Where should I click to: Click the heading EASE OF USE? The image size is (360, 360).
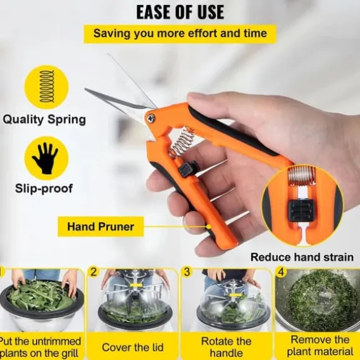[180, 12]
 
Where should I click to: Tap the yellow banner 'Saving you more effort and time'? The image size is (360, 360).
[180, 34]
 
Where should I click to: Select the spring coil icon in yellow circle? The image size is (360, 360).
[47, 86]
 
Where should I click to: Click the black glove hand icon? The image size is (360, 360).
[46, 158]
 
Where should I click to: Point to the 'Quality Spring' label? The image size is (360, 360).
[44, 120]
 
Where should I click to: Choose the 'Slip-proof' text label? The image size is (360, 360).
[44, 188]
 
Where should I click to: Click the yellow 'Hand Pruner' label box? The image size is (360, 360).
[101, 227]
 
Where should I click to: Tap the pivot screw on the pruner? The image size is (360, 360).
[151, 118]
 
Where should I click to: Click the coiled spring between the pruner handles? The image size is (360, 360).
[181, 142]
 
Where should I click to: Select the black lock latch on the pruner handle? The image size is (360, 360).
[187, 168]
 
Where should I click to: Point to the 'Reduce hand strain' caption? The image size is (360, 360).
[302, 257]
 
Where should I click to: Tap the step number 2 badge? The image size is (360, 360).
[94, 272]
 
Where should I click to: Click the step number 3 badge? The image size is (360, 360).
[187, 272]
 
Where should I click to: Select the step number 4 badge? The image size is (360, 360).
[281, 272]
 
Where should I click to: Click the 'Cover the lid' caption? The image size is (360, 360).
[133, 347]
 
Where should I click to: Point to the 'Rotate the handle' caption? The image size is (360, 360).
[226, 347]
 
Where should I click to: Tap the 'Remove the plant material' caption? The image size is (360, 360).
[320, 346]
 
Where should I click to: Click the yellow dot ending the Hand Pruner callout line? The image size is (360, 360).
[209, 227]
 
